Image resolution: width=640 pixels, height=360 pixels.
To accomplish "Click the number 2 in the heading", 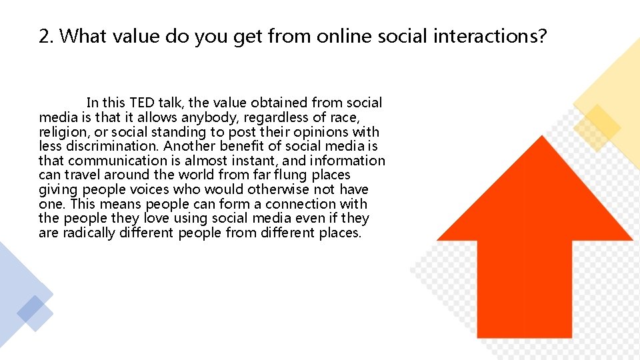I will coord(44,37).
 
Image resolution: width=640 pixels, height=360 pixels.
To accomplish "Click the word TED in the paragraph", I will coord(141,103).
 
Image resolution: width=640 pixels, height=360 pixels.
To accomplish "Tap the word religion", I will coord(63,132).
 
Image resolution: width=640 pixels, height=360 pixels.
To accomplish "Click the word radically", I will coord(89,233).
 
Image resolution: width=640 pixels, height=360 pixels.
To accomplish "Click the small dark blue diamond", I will coord(31,309).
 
